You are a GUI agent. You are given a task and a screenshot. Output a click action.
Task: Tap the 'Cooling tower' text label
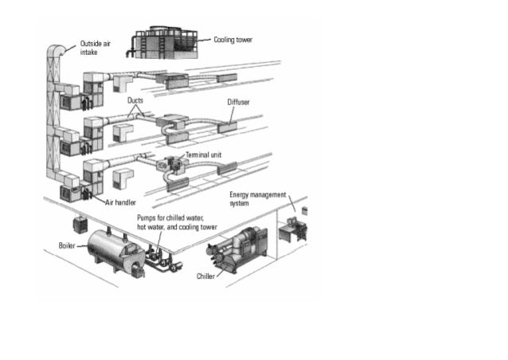[x=233, y=39]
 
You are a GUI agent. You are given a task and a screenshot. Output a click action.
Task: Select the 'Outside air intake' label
[x=94, y=47]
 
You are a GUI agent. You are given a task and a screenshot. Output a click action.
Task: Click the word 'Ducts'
[x=135, y=101]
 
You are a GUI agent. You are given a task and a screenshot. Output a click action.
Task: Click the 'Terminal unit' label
[x=204, y=155]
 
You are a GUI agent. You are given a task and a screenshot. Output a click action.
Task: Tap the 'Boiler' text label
[x=67, y=246]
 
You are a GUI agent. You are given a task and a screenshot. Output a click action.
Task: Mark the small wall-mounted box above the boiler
[x=80, y=221]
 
